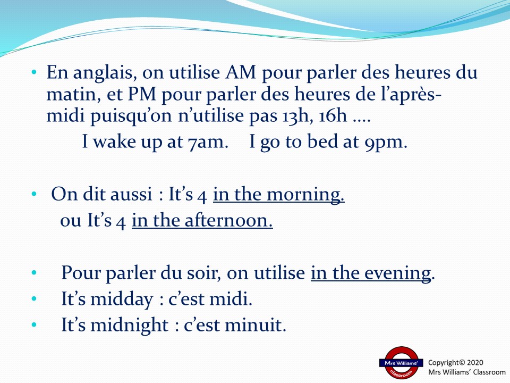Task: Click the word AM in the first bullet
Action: tap(241, 72)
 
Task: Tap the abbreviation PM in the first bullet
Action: tap(142, 94)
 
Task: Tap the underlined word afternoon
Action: tap(228, 220)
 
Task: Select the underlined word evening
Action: tap(397, 273)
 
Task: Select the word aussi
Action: tap(131, 195)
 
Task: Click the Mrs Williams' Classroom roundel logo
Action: tap(401, 363)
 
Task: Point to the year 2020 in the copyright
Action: tap(475, 362)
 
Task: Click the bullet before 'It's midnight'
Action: tap(34, 324)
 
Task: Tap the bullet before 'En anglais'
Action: tap(34, 72)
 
